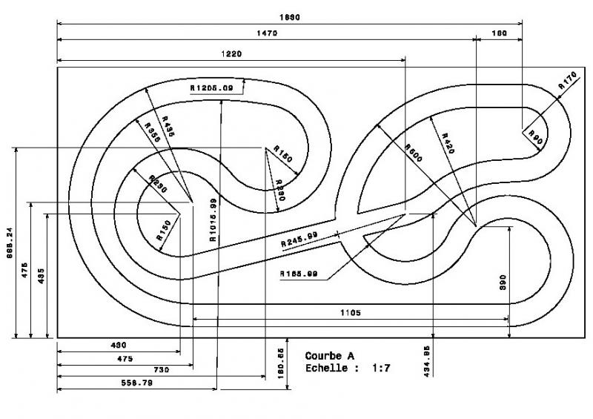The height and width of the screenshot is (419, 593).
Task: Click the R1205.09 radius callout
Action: pyautogui.click(x=211, y=88)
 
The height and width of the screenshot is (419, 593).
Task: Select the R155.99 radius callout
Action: pyautogui.click(x=299, y=274)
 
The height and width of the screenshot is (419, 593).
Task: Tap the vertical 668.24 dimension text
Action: pyautogui.click(x=7, y=243)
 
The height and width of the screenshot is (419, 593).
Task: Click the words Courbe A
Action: pyautogui.click(x=330, y=356)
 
